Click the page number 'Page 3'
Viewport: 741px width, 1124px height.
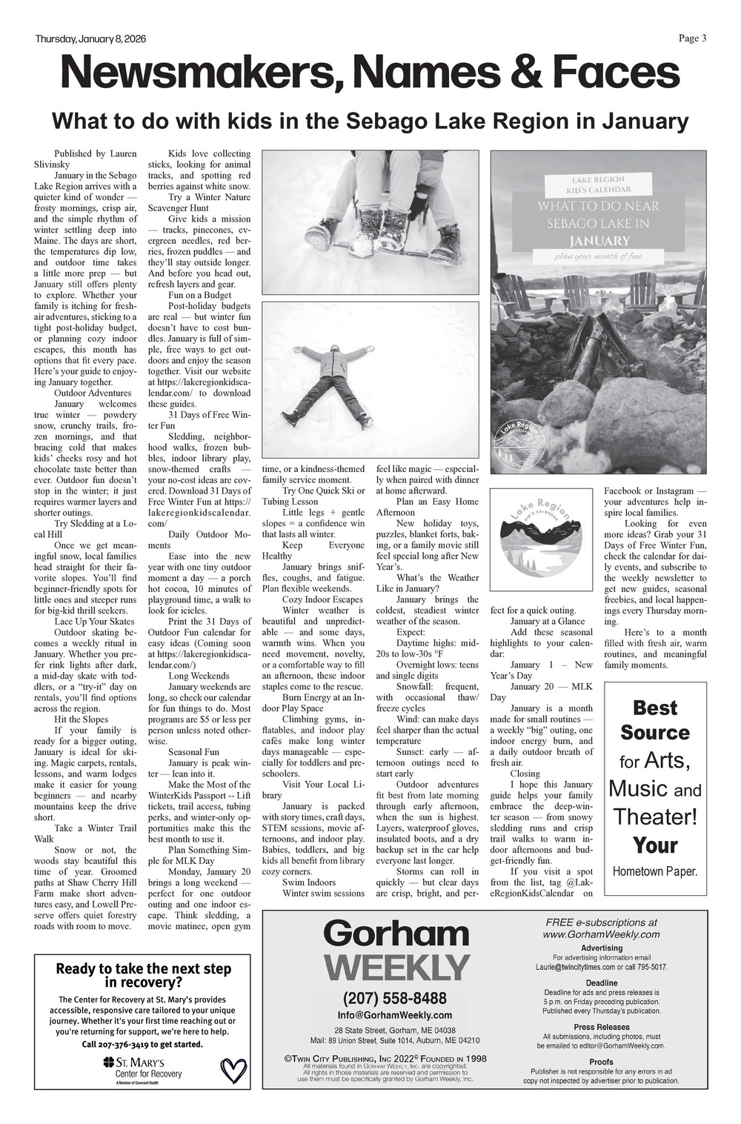[692, 39]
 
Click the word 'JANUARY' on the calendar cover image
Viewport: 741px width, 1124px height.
[599, 241]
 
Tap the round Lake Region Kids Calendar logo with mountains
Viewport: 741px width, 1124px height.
[539, 535]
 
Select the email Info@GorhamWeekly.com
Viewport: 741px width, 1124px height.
[395, 1015]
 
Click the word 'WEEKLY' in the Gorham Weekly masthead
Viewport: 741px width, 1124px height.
[397, 968]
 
